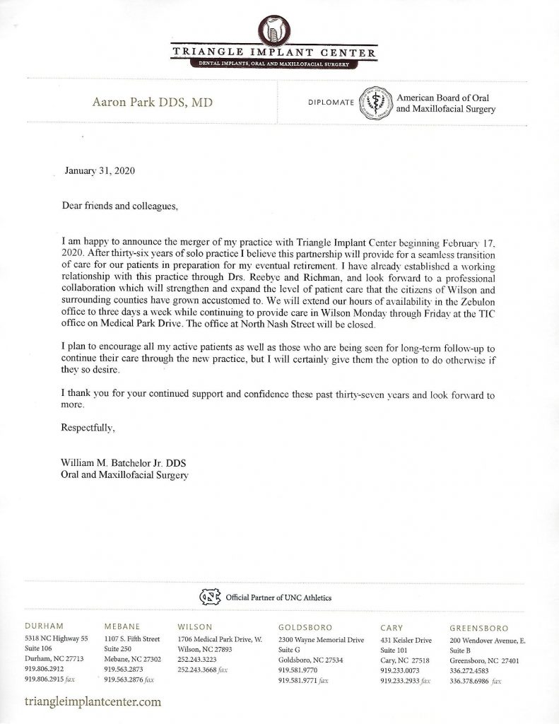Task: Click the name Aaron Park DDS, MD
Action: pos(153,103)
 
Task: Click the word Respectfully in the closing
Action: pos(88,428)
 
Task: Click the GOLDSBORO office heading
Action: pos(305,627)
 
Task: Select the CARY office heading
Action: pos(392,627)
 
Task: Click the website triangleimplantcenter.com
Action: pos(93,702)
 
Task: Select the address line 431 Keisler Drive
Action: pos(406,639)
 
